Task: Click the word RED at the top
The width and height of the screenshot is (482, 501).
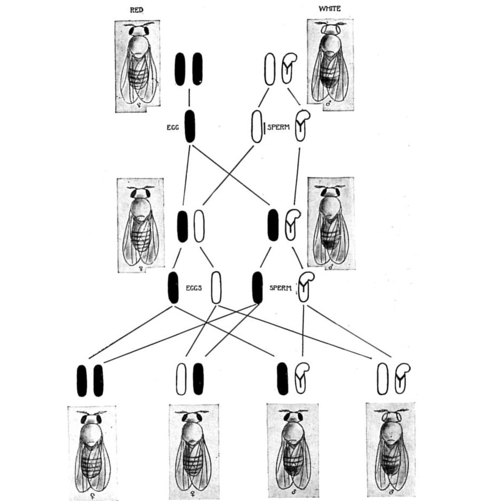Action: click(137, 10)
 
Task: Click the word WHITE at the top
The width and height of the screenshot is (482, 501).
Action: click(329, 9)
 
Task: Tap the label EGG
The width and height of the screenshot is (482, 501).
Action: click(172, 128)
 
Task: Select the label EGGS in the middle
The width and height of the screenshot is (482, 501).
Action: click(193, 288)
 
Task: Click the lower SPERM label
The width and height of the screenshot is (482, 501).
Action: click(280, 288)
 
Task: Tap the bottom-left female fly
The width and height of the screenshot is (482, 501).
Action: click(92, 452)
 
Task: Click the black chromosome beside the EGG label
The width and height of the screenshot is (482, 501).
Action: click(190, 126)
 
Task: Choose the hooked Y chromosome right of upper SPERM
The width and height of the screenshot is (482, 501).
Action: click(302, 126)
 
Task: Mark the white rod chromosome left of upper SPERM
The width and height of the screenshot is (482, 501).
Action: click(257, 126)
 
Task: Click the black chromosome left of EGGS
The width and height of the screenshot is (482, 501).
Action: click(173, 288)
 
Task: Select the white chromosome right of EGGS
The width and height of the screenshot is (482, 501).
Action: click(216, 288)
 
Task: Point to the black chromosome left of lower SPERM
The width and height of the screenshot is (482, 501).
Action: click(257, 288)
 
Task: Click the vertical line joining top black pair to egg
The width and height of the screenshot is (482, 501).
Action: click(189, 98)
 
